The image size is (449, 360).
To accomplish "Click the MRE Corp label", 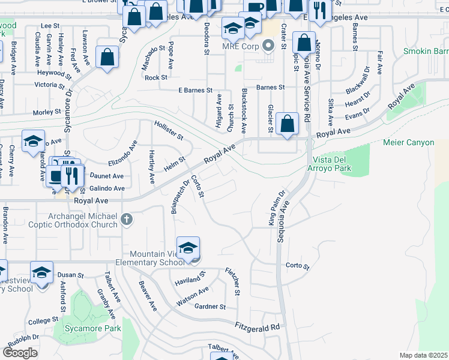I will pyautogui.click(x=240, y=46).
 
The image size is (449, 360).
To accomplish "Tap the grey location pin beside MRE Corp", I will pyautogui.click(x=269, y=46).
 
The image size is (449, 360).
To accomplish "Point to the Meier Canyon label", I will pyautogui.click(x=408, y=143).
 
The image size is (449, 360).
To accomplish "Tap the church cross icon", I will pyautogui.click(x=126, y=220).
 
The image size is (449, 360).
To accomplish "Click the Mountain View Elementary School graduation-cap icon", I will pyautogui.click(x=188, y=248).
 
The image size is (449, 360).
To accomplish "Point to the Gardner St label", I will pyautogui.click(x=210, y=307).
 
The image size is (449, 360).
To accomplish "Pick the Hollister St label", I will pyautogui.click(x=169, y=130).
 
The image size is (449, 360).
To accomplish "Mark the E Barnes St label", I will pyautogui.click(x=196, y=90).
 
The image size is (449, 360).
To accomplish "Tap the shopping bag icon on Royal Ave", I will pyautogui.click(x=288, y=124).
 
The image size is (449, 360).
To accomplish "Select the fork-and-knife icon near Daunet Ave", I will pyautogui.click(x=72, y=175).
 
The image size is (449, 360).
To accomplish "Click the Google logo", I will pyautogui.click(x=20, y=353).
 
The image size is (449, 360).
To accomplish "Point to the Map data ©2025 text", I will pyautogui.click(x=423, y=355).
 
